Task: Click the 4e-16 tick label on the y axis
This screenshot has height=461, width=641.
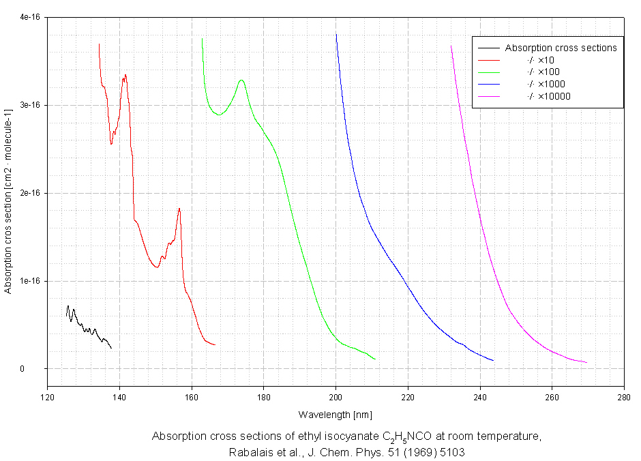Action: pyautogui.click(x=28, y=18)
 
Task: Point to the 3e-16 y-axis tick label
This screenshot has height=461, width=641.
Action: pyautogui.click(x=28, y=106)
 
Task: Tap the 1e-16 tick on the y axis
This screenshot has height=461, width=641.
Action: pyautogui.click(x=28, y=281)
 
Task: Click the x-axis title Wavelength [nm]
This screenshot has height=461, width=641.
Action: pyautogui.click(x=335, y=415)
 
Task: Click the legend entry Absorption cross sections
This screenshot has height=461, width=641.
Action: pyautogui.click(x=561, y=48)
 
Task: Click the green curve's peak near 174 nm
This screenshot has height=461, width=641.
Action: pyautogui.click(x=241, y=80)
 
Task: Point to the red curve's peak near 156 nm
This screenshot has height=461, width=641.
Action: pyautogui.click(x=179, y=208)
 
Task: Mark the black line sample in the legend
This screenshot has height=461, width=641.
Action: pyautogui.click(x=490, y=48)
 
